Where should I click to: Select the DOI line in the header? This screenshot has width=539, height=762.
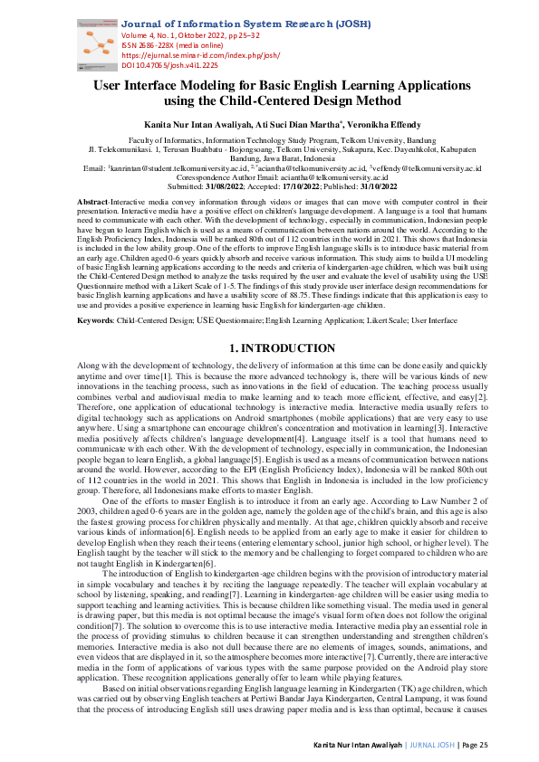pyautogui.click(x=169, y=64)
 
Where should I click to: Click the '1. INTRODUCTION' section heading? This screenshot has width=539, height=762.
pyautogui.click(x=269, y=322)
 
